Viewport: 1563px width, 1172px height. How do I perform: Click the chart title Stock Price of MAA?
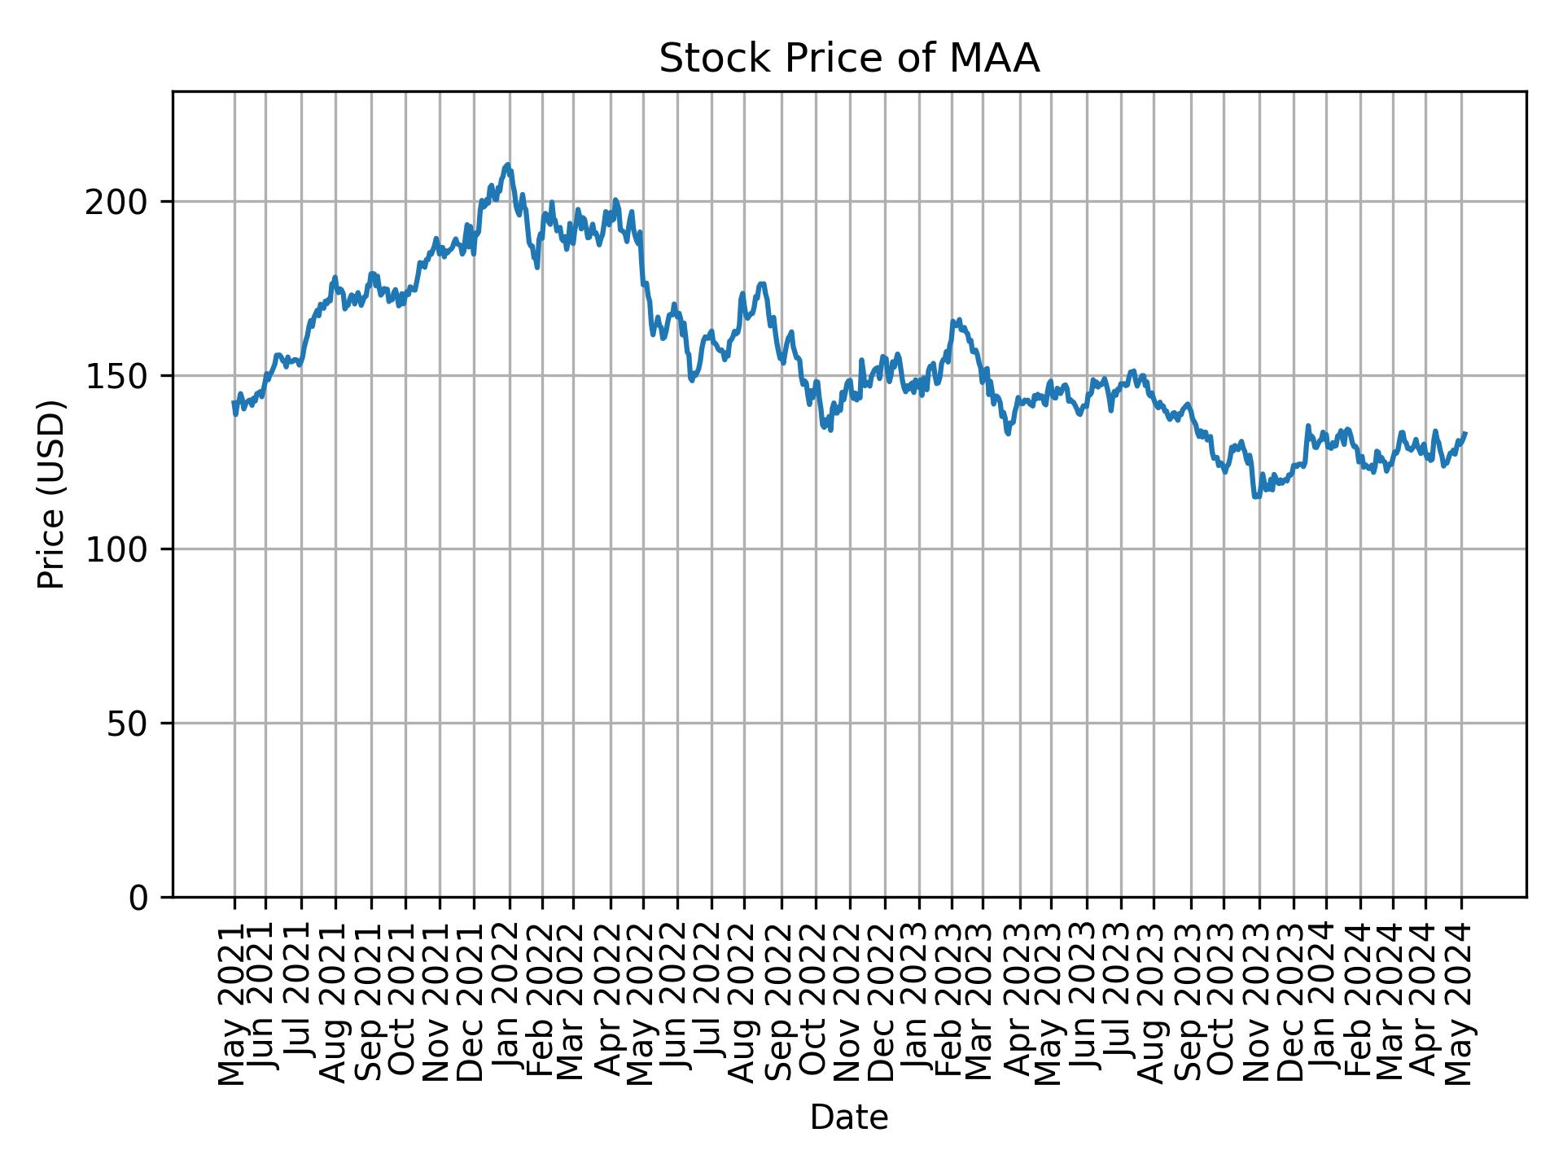(848, 59)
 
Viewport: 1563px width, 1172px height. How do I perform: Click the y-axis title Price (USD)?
(51, 494)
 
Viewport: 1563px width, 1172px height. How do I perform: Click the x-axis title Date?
(848, 1117)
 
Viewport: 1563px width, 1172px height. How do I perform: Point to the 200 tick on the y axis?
(122, 202)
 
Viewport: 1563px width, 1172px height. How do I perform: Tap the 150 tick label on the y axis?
(122, 376)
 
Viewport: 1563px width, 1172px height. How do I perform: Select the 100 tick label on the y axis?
(122, 549)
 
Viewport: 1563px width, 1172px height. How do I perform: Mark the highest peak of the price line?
(508, 164)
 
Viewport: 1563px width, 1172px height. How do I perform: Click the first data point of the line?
(234, 403)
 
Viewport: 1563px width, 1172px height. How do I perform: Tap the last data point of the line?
(1464, 434)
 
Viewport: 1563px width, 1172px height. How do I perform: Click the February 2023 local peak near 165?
(959, 320)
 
